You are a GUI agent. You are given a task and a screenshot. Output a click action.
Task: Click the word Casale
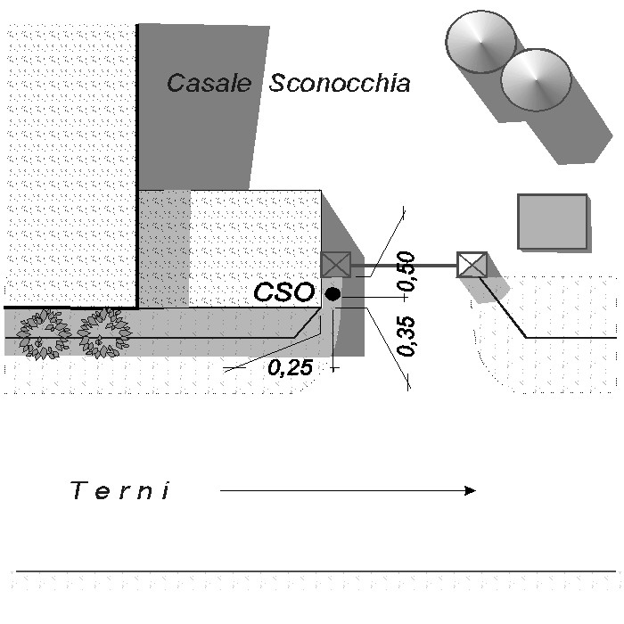209,83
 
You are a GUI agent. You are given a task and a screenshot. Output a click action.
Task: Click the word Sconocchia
340,83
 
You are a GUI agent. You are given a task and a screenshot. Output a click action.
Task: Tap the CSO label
284,292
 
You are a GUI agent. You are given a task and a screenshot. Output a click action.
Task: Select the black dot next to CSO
333,294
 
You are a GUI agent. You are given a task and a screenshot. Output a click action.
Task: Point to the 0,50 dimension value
406,271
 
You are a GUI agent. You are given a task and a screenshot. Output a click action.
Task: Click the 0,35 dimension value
406,336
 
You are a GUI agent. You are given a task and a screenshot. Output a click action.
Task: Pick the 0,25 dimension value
290,367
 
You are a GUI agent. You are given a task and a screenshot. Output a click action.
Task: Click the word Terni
120,490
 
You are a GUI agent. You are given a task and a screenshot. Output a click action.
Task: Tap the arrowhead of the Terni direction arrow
471,490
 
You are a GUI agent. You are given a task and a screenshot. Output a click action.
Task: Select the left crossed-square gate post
335,265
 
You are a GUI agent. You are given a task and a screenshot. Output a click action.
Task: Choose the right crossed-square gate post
472,265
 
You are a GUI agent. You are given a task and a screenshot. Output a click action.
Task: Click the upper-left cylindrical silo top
480,42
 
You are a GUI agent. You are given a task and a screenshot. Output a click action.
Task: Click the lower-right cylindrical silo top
536,80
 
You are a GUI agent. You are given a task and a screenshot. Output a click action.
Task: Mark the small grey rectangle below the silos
553,221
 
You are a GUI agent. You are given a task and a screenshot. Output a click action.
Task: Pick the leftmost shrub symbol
43,334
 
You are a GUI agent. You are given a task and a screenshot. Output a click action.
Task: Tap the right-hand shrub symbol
104,333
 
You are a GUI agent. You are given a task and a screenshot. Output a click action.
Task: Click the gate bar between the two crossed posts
404,265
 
